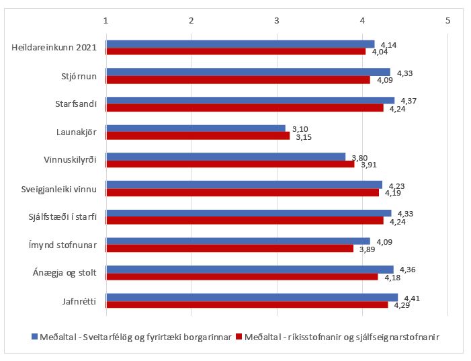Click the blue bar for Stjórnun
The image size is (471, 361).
(248, 72)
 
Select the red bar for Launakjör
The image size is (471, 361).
(198, 136)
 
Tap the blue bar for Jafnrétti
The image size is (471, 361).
(252, 297)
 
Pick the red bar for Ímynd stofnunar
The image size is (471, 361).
(230, 249)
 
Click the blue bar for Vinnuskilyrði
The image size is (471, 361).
(226, 157)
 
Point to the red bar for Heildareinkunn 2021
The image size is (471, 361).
(236, 52)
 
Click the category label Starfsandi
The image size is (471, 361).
(76, 104)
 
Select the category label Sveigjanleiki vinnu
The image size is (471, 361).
(59, 189)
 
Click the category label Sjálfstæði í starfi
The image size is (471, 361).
(60, 216)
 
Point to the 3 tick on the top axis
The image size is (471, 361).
(277, 20)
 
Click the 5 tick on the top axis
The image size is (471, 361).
(447, 20)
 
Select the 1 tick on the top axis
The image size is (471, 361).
(106, 20)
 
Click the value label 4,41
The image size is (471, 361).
(411, 297)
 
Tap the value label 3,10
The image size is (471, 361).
(300, 128)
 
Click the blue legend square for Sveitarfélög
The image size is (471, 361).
(35, 335)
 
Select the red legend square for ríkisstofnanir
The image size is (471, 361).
(240, 335)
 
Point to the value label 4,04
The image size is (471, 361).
(380, 52)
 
